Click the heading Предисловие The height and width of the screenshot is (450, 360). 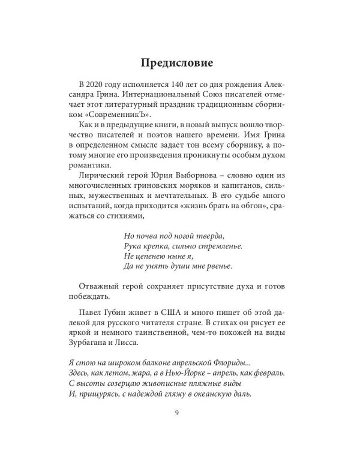pyautogui.click(x=179, y=62)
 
